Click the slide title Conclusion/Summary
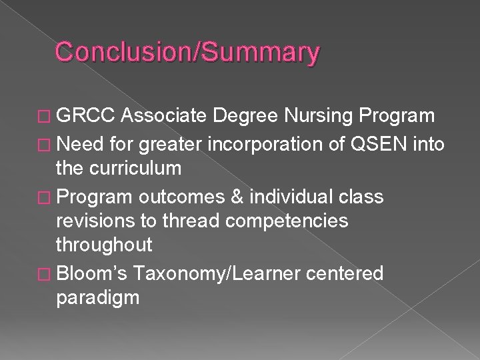point(187,52)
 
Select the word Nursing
point(320,117)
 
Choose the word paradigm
point(97,298)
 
